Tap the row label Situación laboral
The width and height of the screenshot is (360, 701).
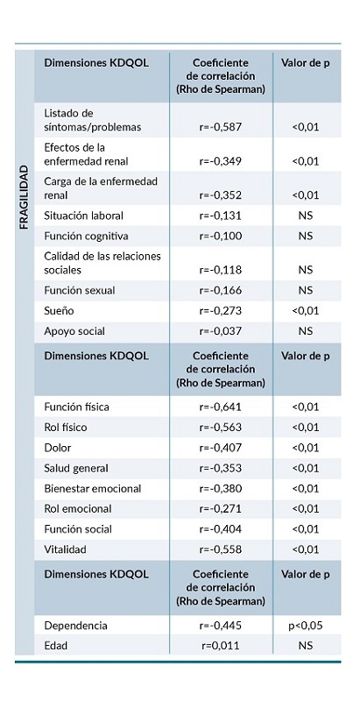(x=83, y=215)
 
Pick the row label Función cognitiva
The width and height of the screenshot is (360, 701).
(x=86, y=236)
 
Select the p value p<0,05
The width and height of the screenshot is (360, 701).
(x=305, y=626)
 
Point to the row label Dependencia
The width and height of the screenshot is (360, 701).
(x=75, y=626)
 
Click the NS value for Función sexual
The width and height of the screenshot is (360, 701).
(x=305, y=290)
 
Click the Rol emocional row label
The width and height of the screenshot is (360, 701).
(x=78, y=508)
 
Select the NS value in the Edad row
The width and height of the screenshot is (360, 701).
(x=305, y=647)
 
